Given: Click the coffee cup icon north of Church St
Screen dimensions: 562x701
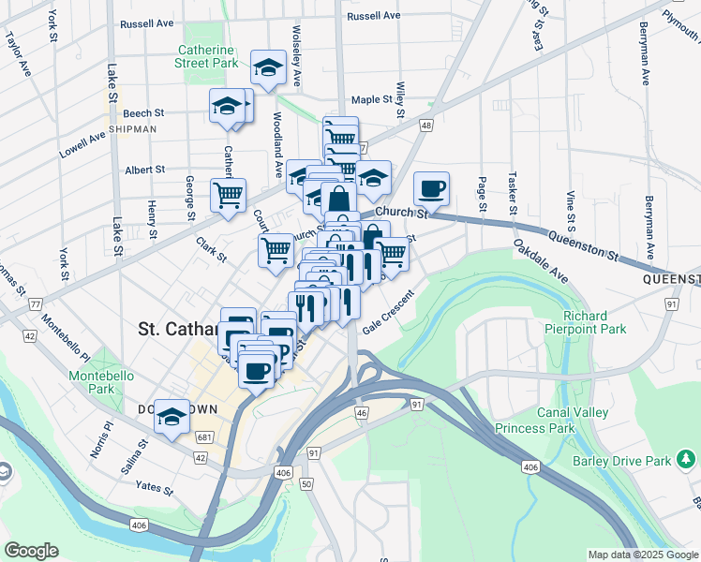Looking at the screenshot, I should (x=431, y=188).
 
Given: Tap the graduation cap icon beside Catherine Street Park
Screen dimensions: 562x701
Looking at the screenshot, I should (x=268, y=67).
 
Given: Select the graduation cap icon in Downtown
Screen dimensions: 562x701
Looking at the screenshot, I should (x=172, y=418).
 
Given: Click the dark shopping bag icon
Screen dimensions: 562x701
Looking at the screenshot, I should (x=338, y=200).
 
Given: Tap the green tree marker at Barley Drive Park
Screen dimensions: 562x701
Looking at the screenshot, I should (x=687, y=459).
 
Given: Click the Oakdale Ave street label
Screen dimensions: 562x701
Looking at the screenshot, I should (x=541, y=261).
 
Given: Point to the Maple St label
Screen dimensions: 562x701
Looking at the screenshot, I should (x=371, y=99).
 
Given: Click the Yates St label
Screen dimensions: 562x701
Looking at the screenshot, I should (x=154, y=487).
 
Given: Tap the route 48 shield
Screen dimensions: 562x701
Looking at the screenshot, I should (x=426, y=125).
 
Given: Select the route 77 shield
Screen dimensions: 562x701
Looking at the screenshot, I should (x=36, y=304).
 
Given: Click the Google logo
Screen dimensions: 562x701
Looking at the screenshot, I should (x=31, y=550).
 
